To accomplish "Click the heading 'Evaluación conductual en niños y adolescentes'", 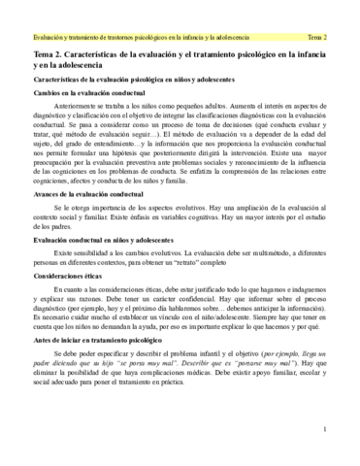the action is click(97, 260).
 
